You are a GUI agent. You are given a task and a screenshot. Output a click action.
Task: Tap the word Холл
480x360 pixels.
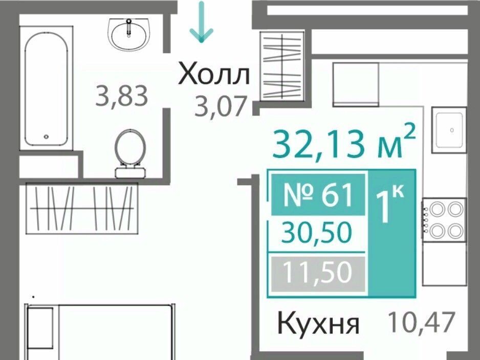click(x=214, y=74)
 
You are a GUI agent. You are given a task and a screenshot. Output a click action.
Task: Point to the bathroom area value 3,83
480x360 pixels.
click(x=122, y=96)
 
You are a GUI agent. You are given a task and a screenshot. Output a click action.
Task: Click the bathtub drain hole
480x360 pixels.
click(x=46, y=137)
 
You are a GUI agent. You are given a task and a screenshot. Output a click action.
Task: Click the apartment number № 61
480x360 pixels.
click(x=318, y=194)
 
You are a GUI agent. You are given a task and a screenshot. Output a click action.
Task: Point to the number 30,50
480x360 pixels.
click(x=317, y=232)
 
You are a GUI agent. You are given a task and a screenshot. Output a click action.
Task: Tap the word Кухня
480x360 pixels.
click(x=318, y=323)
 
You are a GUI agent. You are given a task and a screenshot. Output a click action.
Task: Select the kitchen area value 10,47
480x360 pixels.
click(x=421, y=322)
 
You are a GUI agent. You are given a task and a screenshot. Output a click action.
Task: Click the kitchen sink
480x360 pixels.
click(x=449, y=130)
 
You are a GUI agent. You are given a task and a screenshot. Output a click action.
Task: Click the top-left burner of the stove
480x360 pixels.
click(x=437, y=209)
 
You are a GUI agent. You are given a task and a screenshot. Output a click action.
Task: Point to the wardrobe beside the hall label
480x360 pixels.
click(x=282, y=66)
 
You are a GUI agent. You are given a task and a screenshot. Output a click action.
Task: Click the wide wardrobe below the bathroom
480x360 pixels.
click(x=82, y=209)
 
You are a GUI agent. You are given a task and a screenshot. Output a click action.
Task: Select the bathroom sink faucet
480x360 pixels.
click(x=129, y=27)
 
